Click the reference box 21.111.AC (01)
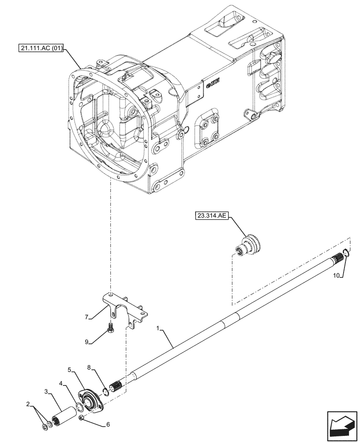pyautogui.click(x=42, y=48)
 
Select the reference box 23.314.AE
pyautogui.click(x=211, y=216)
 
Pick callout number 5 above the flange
pyautogui.click(x=70, y=369)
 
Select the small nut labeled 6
pyautogui.click(x=81, y=418)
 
